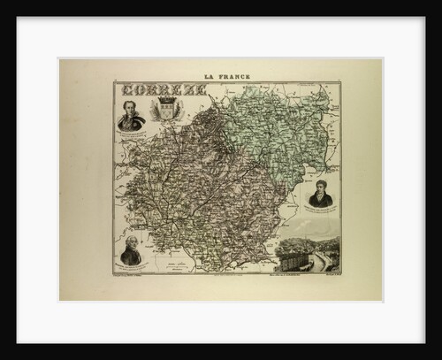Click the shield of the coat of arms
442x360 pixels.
click(166, 111)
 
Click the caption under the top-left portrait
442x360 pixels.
click(131, 132)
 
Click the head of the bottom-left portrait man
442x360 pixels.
click(131, 242)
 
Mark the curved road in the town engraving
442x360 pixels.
click(327, 261)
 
